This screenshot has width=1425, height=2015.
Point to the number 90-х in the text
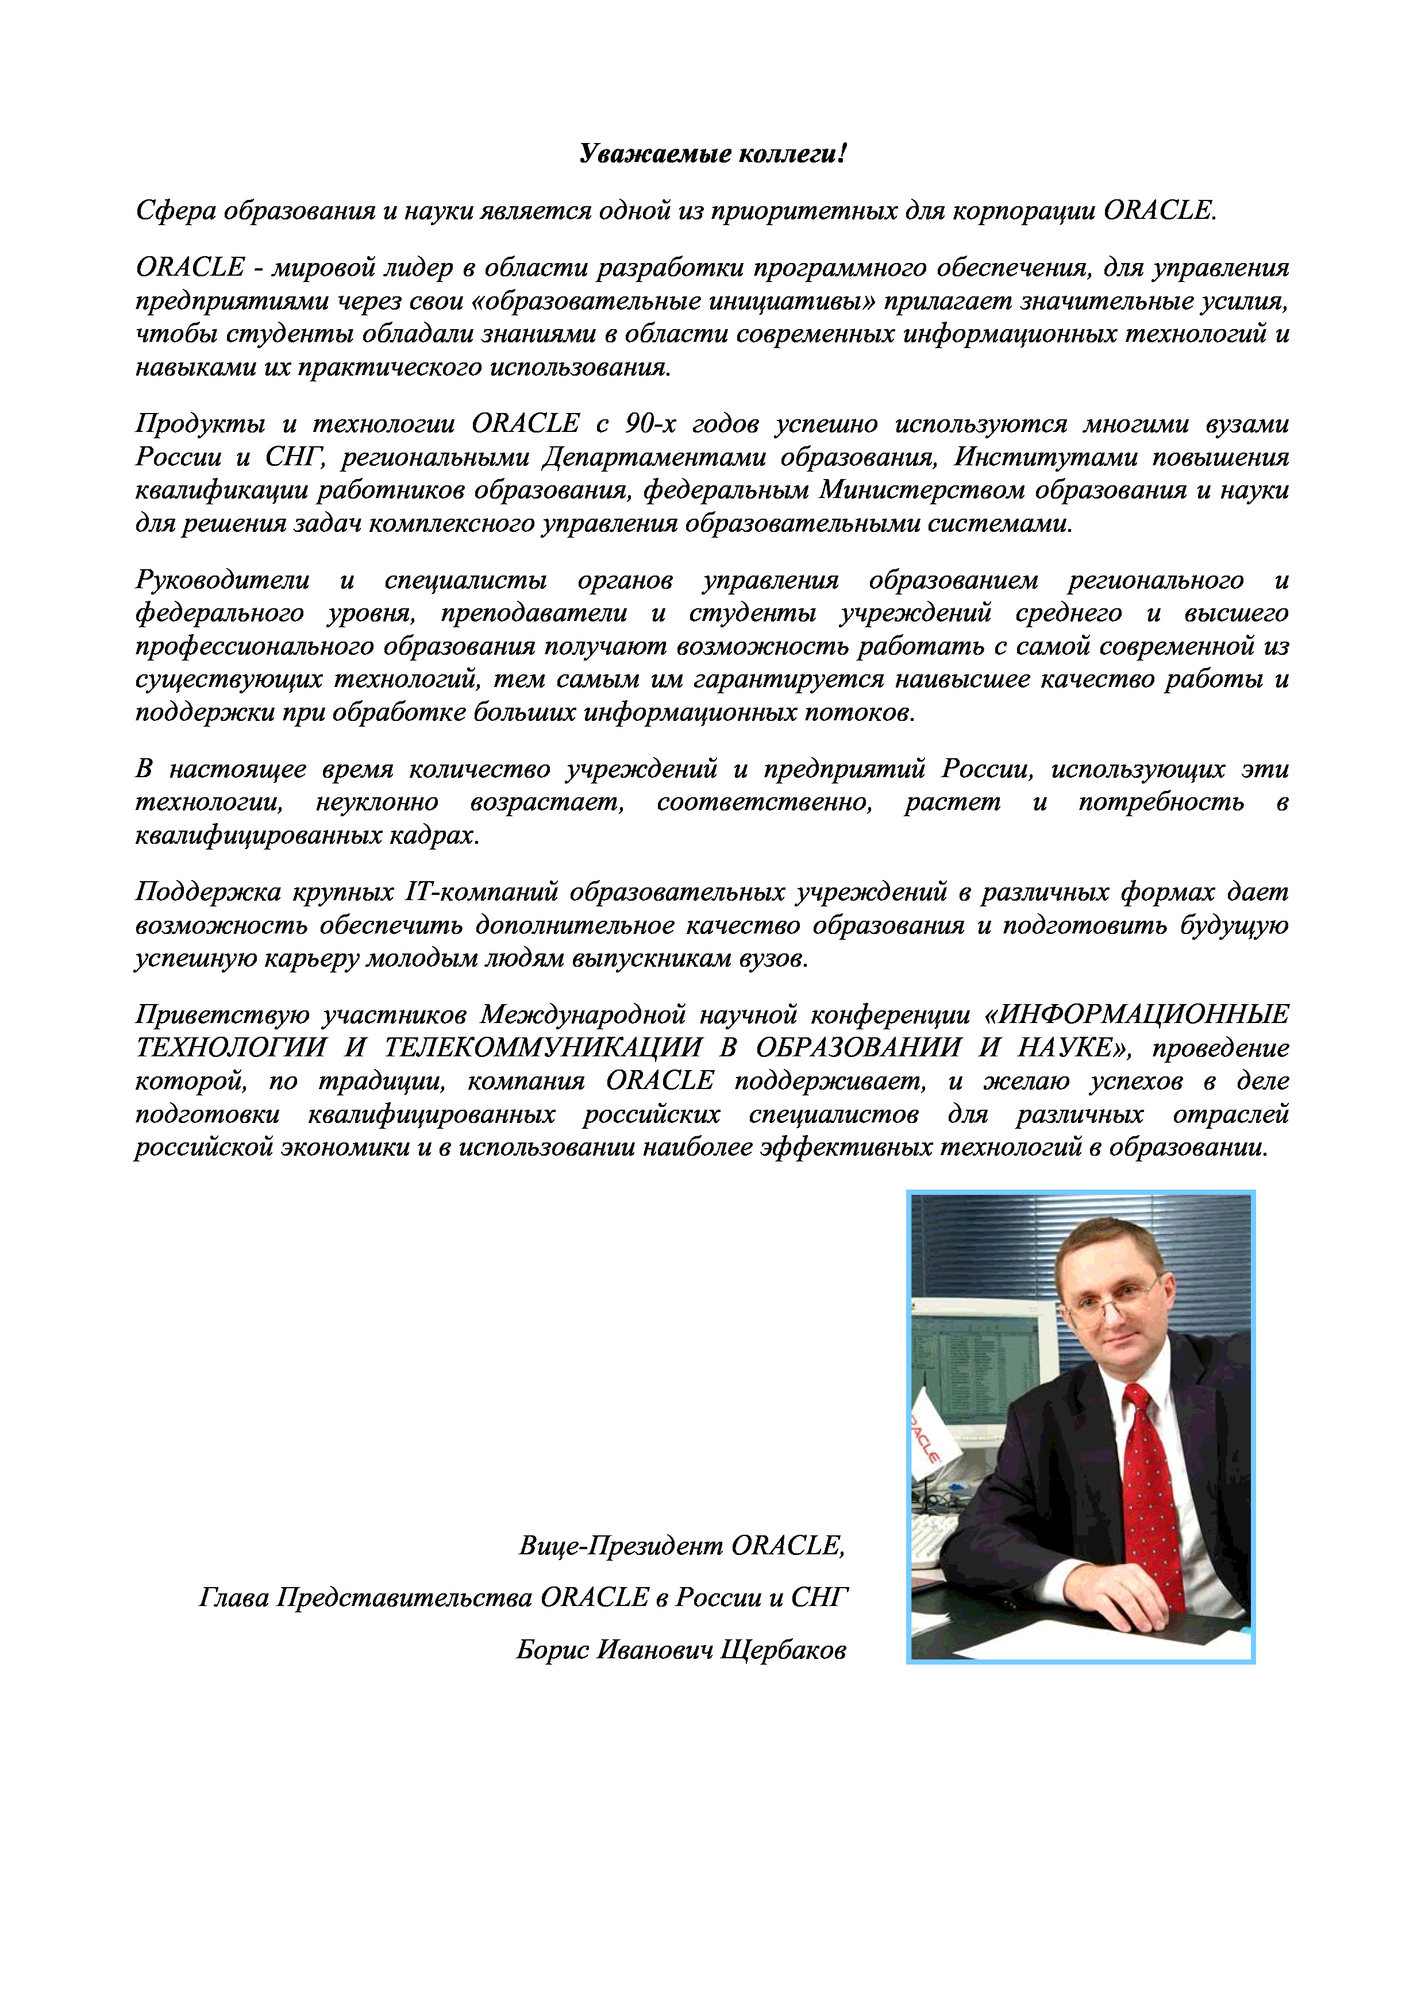(x=650, y=424)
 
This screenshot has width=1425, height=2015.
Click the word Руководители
(x=222, y=580)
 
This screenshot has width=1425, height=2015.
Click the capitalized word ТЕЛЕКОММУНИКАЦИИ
(x=542, y=1048)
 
